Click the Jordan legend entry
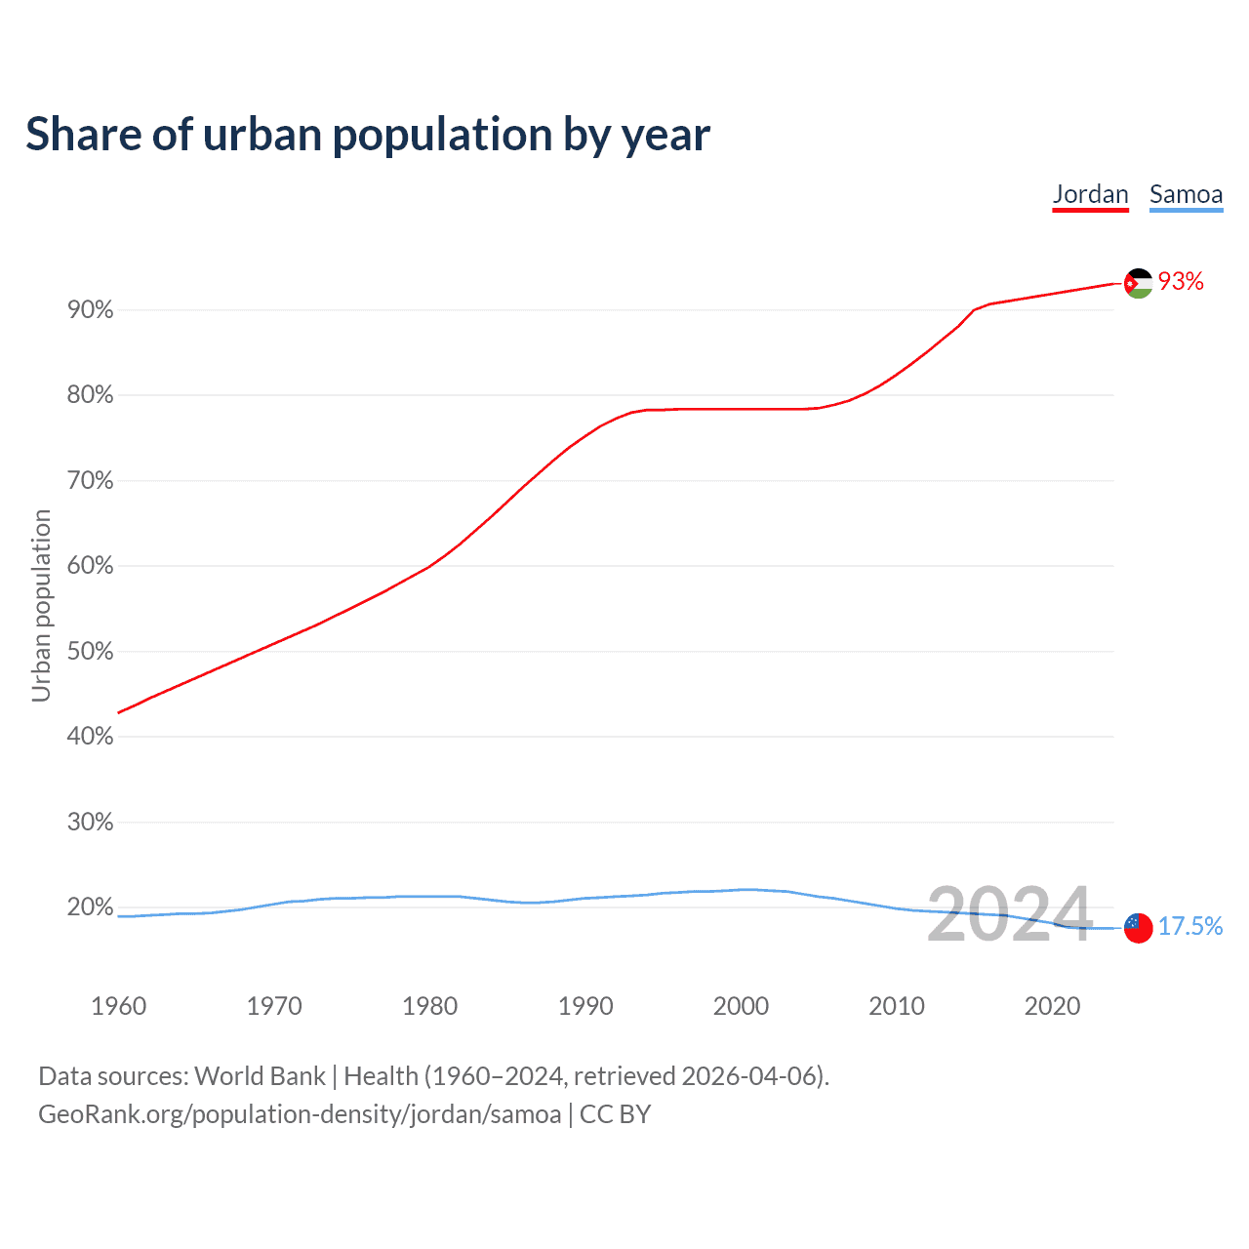1090,194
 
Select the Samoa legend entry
1186,194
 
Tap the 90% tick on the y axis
91,310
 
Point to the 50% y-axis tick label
91,652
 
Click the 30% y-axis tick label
91,823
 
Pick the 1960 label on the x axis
118,1006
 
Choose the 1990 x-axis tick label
585,1006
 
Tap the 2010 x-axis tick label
897,1006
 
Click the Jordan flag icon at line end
1138,283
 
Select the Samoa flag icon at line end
1138,928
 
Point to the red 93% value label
1181,282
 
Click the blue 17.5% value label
1190,926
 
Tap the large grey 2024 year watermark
1009,914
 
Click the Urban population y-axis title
41,605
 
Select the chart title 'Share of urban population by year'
368,135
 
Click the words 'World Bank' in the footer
260,1076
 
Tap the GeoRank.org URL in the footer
300,1114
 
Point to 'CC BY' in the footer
615,1114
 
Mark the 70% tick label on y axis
91,481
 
